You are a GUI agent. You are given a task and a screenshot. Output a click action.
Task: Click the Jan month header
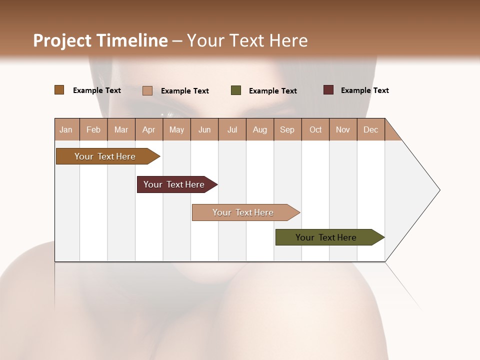pos(66,129)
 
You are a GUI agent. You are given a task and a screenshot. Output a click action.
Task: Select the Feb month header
pos(93,129)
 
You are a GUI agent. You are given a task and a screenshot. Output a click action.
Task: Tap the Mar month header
pos(121,129)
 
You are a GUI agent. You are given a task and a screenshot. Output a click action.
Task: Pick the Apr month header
pos(149,129)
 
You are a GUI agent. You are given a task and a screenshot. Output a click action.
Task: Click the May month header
pos(176,129)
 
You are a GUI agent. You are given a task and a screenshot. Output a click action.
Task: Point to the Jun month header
pos(204,129)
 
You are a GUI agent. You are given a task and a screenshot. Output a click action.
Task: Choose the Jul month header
pos(232,129)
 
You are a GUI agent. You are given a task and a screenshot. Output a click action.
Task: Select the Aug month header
pos(260,129)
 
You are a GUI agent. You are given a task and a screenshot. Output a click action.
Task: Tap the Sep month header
pos(287,129)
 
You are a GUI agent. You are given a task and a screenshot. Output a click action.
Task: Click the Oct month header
pos(315,129)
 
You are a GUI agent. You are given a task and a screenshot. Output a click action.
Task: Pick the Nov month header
pos(343,129)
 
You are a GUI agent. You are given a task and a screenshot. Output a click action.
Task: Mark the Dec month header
pos(370,129)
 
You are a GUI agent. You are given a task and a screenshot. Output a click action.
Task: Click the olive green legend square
pos(236,90)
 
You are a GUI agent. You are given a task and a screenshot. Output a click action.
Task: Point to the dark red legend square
pos(328,90)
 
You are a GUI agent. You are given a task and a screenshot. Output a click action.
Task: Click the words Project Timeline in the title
pos(100,40)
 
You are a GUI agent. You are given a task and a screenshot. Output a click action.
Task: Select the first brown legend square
pos(59,90)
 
